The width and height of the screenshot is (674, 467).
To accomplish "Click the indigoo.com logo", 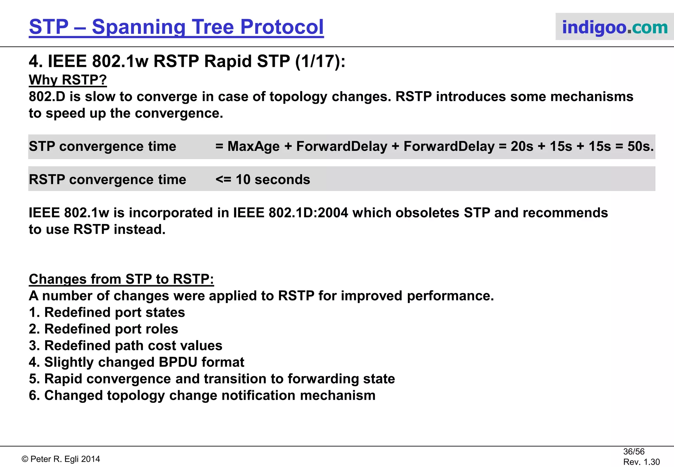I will pyautogui.click(x=614, y=27).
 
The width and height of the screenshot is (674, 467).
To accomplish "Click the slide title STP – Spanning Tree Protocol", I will pyautogui.click(x=176, y=27).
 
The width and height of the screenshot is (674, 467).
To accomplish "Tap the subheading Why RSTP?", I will pyautogui.click(x=68, y=80).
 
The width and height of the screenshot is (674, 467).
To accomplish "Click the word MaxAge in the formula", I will pyautogui.click(x=253, y=147).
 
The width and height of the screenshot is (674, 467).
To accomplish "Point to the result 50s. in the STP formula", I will pyautogui.click(x=640, y=147).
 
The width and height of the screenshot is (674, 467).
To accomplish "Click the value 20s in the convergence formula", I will pyautogui.click(x=522, y=147).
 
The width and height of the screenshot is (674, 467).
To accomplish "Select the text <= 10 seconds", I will pyautogui.click(x=263, y=180).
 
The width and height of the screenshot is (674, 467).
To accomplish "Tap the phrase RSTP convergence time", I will pyautogui.click(x=107, y=180).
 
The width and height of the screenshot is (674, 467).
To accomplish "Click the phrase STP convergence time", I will pyautogui.click(x=102, y=147).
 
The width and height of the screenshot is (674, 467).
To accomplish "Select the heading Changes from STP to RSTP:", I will pyautogui.click(x=121, y=279).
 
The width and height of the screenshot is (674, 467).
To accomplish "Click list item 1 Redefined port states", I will pyautogui.click(x=107, y=313).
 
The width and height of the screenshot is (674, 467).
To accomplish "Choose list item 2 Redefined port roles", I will pyautogui.click(x=103, y=329).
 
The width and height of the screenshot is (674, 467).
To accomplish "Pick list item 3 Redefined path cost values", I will pyautogui.click(x=125, y=346).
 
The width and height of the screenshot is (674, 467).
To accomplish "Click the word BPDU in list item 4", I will pyautogui.click(x=178, y=362).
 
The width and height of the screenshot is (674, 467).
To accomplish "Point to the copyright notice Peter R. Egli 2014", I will pyautogui.click(x=61, y=459).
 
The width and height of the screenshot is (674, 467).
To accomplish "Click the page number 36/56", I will pyautogui.click(x=634, y=452).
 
